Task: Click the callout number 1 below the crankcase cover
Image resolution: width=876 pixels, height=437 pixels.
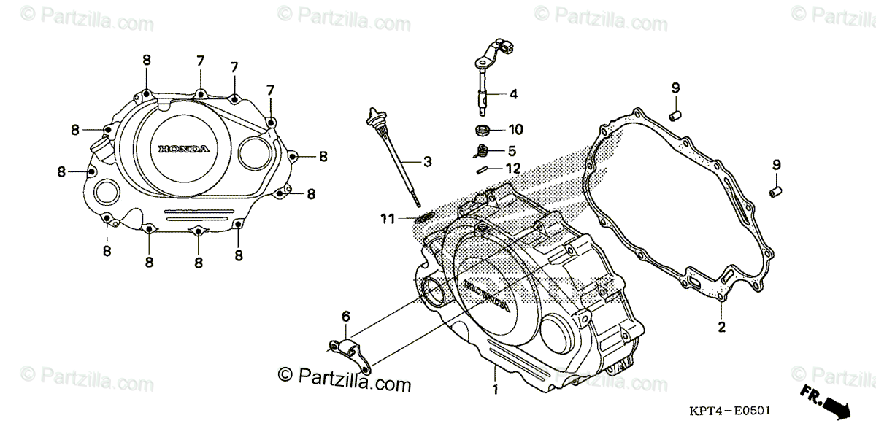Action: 495,390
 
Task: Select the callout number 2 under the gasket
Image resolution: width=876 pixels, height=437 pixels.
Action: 721,327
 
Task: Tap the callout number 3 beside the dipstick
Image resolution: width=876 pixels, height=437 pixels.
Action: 427,161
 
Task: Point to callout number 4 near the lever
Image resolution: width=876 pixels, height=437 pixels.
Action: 513,94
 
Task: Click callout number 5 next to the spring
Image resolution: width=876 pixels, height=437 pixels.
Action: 512,151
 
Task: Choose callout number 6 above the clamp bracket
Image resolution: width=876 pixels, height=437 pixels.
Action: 346,316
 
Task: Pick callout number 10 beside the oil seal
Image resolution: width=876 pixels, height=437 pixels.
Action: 515,131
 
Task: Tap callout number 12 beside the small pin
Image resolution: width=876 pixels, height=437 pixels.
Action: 513,168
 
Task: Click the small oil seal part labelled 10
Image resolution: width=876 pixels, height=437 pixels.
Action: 482,131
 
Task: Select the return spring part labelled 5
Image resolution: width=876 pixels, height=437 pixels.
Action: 481,152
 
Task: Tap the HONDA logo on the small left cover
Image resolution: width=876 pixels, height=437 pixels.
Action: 184,149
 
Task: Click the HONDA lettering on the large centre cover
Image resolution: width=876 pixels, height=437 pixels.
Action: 485,293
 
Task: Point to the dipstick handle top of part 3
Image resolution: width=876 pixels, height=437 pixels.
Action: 375,116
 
